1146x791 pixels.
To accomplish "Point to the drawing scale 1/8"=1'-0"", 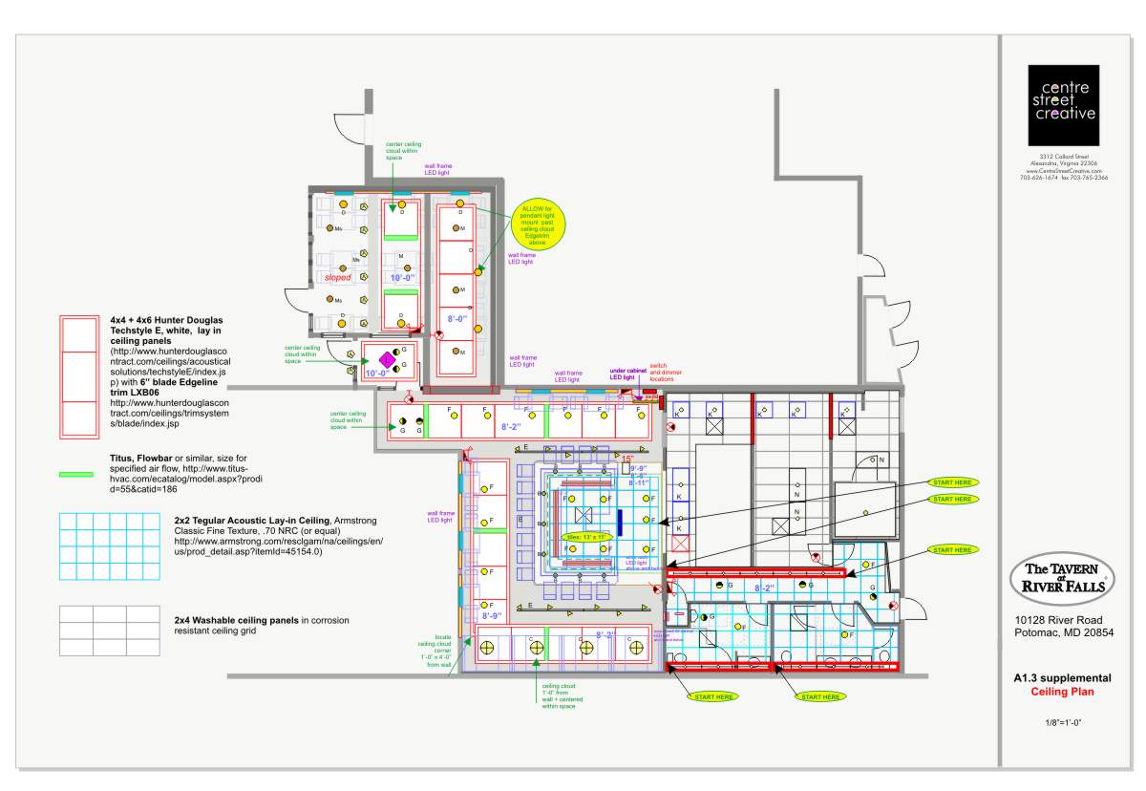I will point(1063,723).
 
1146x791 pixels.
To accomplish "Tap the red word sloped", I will point(337,278).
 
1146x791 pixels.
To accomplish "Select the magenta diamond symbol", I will point(387,359).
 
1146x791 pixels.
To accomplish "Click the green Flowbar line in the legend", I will point(76,474).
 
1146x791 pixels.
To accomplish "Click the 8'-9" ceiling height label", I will point(491,616).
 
